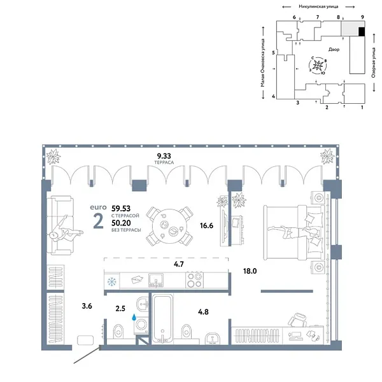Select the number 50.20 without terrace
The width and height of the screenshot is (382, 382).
[122, 222]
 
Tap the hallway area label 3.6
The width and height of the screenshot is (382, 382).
[88, 306]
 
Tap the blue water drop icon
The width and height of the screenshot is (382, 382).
[134, 316]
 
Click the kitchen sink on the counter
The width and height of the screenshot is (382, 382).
[157, 279]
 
